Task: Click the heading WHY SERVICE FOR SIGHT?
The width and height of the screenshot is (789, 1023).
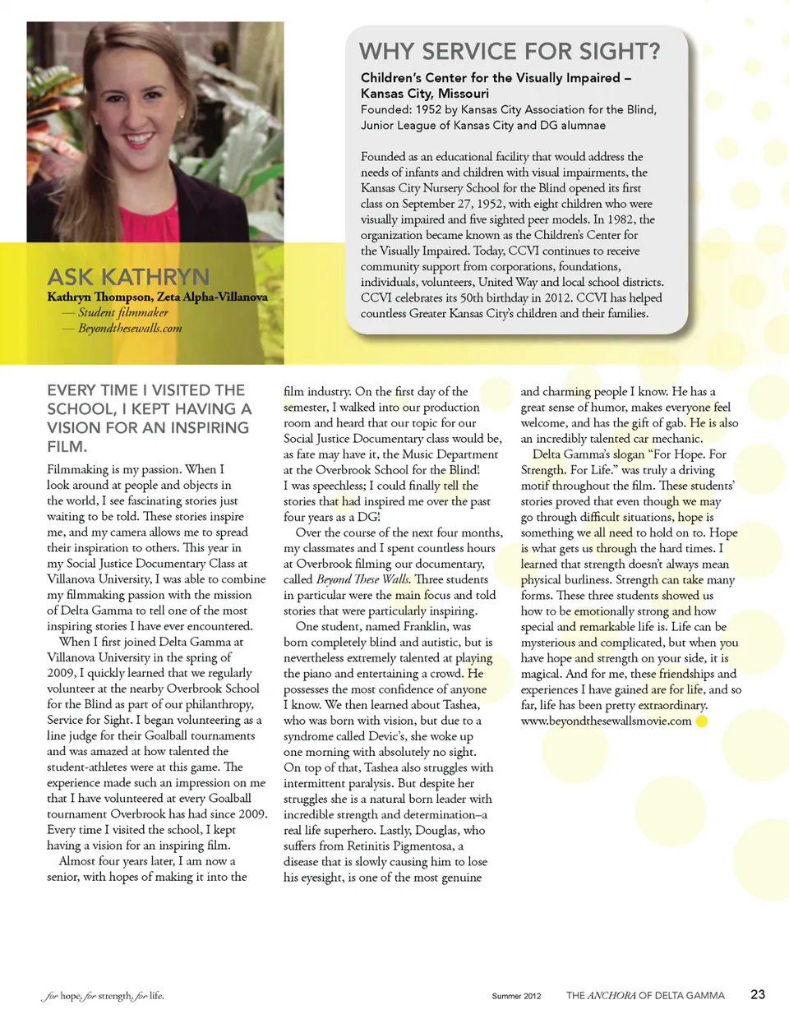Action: click(510, 52)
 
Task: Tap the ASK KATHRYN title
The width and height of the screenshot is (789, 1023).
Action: click(128, 277)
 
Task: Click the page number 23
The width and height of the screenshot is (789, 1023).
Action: click(757, 994)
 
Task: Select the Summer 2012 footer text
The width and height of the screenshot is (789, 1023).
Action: click(516, 996)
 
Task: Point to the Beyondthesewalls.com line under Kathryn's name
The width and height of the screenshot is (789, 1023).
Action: click(130, 328)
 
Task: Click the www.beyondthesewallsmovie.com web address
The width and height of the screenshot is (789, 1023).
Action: click(606, 721)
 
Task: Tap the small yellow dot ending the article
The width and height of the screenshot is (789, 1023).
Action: click(701, 721)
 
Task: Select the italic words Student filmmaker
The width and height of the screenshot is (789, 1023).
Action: click(123, 312)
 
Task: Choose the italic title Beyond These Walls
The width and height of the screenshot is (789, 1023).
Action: click(362, 579)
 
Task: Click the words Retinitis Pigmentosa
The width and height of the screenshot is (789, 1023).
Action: click(391, 846)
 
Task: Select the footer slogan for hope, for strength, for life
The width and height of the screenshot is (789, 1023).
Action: click(103, 996)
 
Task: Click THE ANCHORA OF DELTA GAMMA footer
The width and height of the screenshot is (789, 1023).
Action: click(645, 995)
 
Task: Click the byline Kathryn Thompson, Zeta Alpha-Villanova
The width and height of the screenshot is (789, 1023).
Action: click(157, 297)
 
